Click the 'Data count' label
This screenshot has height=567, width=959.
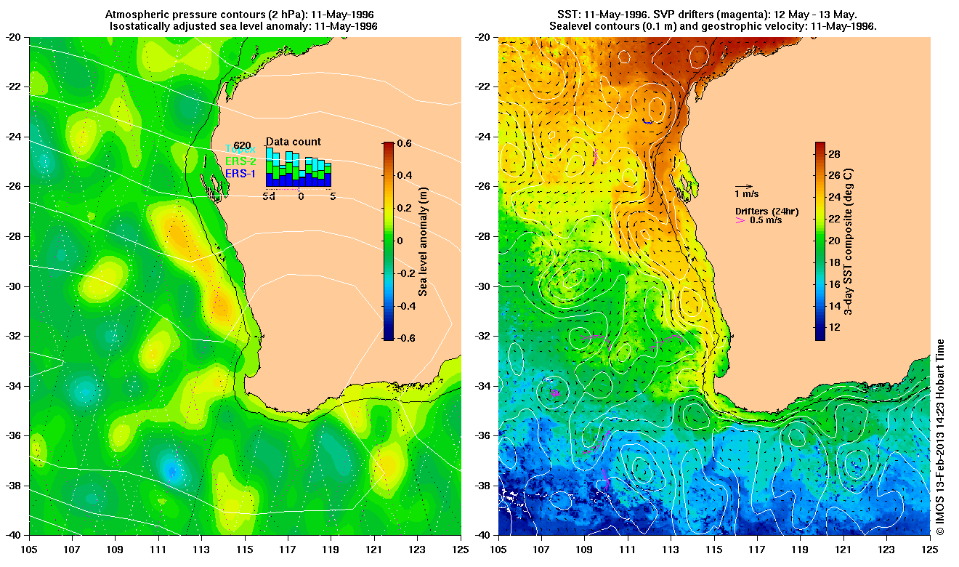coord(293,142)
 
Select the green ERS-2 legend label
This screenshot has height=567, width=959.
coord(241,161)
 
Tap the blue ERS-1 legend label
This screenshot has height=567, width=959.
coord(241,174)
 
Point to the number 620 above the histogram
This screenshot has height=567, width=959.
coord(242,145)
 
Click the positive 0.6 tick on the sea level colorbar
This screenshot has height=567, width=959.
coord(405,143)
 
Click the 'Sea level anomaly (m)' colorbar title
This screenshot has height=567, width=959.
coord(423,241)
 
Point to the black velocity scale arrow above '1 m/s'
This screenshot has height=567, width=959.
coord(744,186)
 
